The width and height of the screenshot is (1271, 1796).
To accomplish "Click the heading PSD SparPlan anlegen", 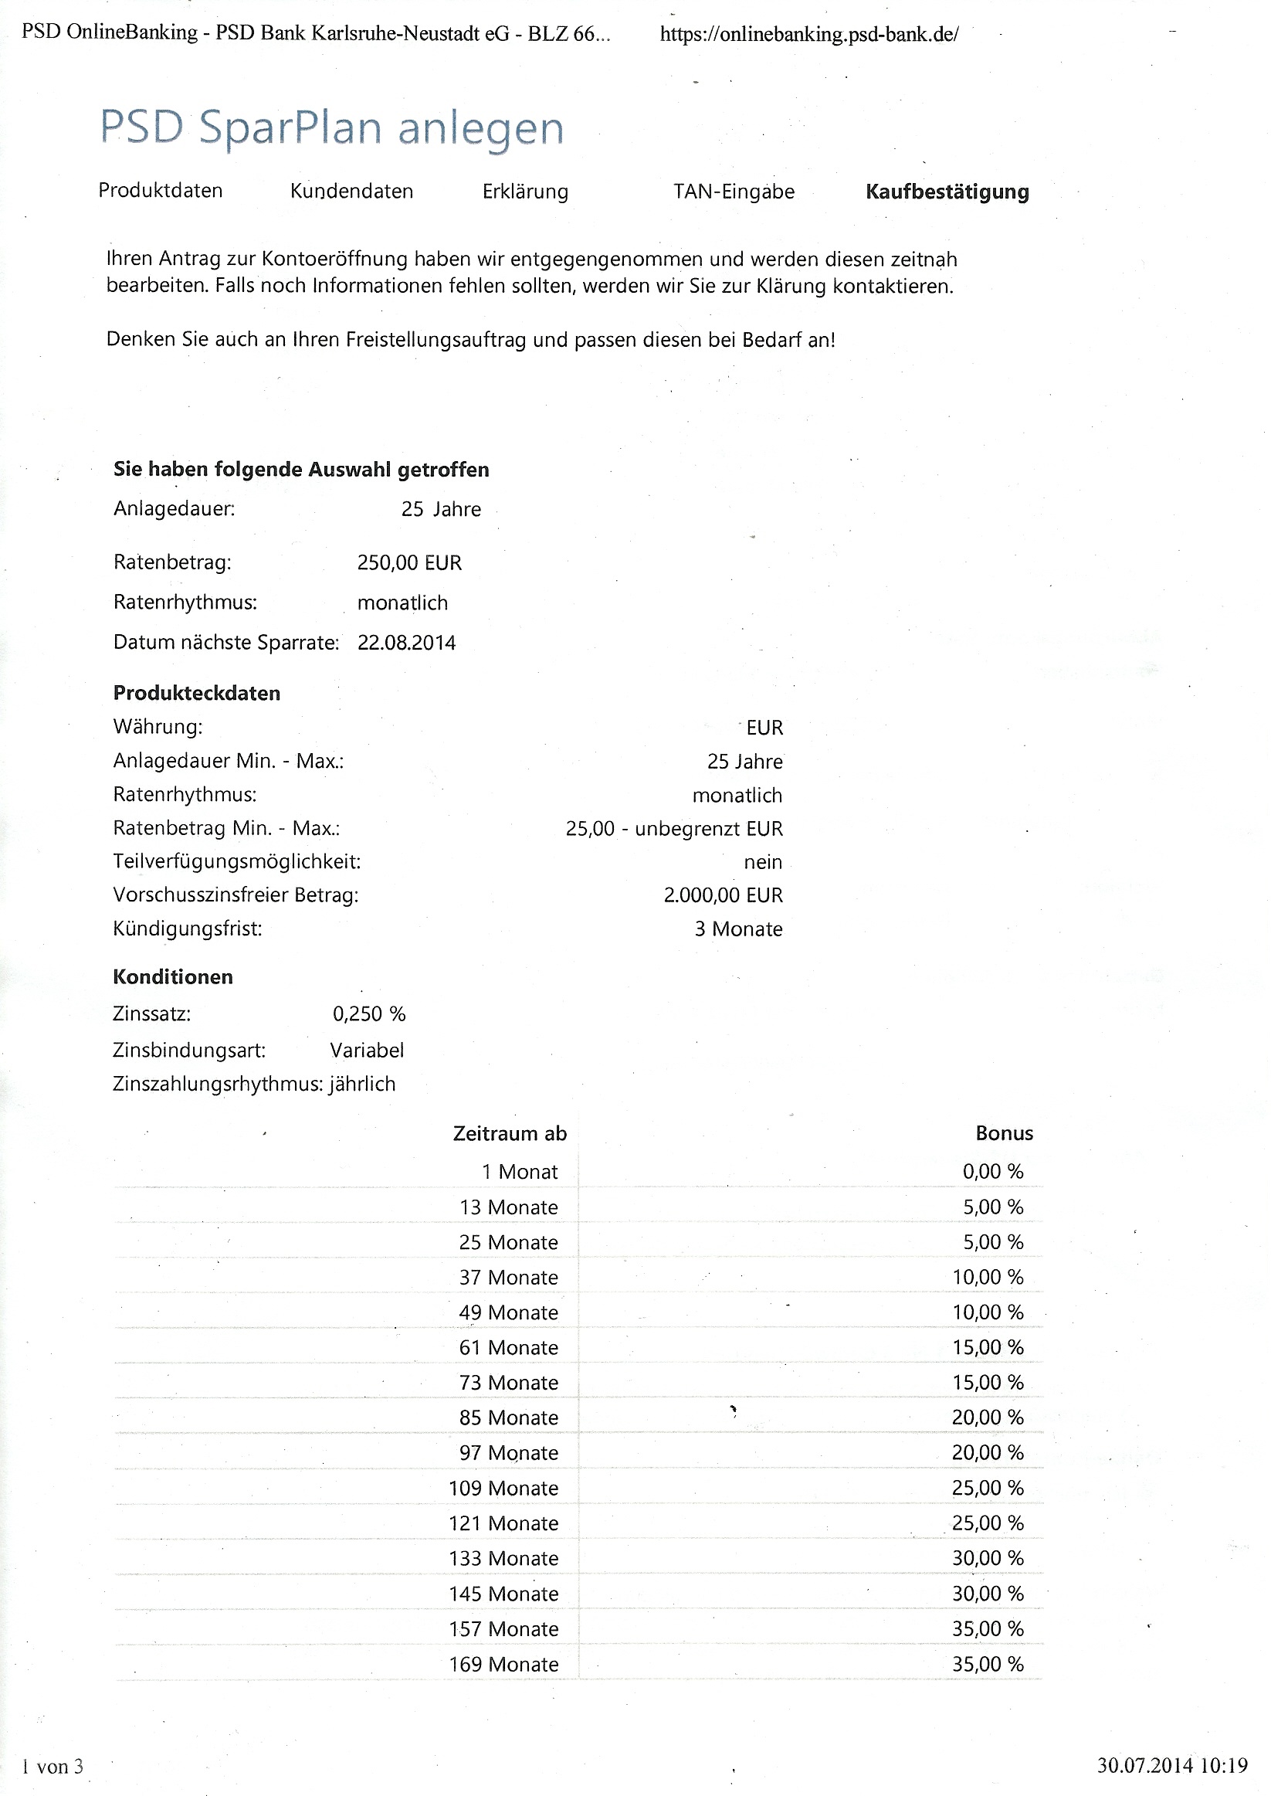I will (332, 128).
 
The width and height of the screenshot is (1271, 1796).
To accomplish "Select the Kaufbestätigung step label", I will (947, 192).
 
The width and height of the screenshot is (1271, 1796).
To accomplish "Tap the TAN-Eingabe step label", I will (734, 192).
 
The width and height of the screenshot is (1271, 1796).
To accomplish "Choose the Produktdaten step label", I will (161, 191).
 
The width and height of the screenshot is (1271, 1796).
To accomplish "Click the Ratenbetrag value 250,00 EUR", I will (409, 563).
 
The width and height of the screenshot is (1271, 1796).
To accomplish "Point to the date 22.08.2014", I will (406, 643).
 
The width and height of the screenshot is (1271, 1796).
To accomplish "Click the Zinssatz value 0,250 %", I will (368, 1013).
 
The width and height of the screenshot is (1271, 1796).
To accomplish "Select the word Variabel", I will (367, 1050).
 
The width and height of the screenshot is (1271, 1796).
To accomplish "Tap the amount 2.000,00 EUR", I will (723, 895).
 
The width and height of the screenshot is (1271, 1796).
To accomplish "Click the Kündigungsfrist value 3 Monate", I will (738, 929).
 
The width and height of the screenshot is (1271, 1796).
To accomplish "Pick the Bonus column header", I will (1004, 1133).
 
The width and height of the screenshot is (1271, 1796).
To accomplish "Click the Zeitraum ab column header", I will (510, 1133).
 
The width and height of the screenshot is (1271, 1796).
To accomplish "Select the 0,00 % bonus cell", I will (992, 1171).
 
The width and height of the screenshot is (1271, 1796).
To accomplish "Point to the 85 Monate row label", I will (509, 1417).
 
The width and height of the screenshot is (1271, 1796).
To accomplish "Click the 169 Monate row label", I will (503, 1664).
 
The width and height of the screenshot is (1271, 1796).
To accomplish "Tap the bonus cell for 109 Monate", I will (988, 1488).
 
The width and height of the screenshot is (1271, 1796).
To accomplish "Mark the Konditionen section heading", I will (173, 977).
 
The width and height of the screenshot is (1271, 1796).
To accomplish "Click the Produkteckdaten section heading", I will (196, 693).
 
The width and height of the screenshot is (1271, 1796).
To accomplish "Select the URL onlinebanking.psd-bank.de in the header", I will (808, 35).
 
